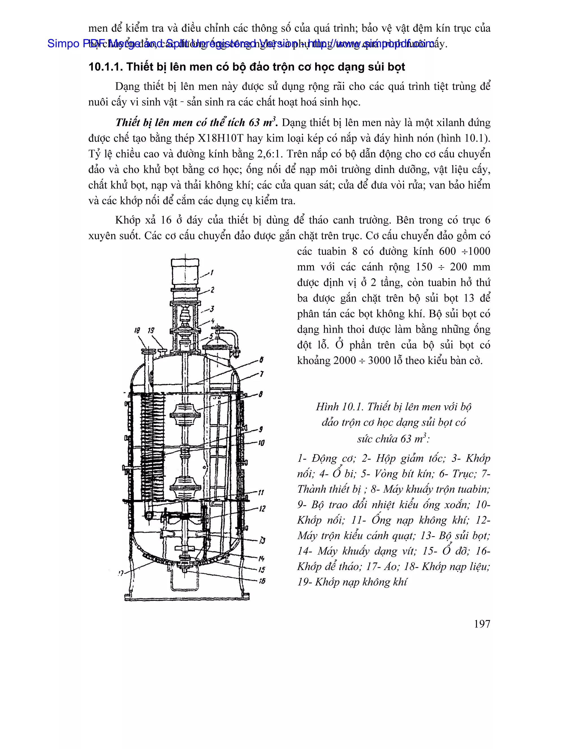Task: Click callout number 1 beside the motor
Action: tap(212, 273)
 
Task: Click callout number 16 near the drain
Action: tap(262, 581)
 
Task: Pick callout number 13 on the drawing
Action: tap(262, 540)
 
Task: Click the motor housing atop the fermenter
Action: tap(185, 273)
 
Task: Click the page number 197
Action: tap(482, 624)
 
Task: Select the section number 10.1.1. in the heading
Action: tap(105, 67)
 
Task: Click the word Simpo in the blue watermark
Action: tap(63, 43)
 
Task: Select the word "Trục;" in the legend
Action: tap(465, 474)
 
